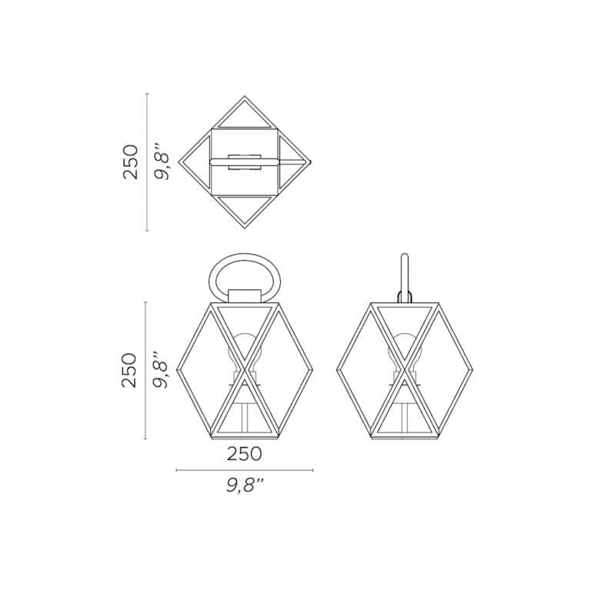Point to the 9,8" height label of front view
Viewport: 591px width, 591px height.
pyautogui.click(x=161, y=370)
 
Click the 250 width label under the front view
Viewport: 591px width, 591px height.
pyautogui.click(x=244, y=454)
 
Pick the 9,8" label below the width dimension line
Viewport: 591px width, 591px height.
pyautogui.click(x=245, y=486)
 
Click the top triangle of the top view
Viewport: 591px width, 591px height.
pyautogui.click(x=245, y=113)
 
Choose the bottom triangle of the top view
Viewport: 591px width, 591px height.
pyautogui.click(x=245, y=209)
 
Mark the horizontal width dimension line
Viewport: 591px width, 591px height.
pyautogui.click(x=244, y=470)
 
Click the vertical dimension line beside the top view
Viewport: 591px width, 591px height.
pyautogui.click(x=147, y=162)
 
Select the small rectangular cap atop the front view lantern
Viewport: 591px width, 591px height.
pyautogui.click(x=245, y=296)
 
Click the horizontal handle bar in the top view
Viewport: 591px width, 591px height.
pyautogui.click(x=245, y=162)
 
